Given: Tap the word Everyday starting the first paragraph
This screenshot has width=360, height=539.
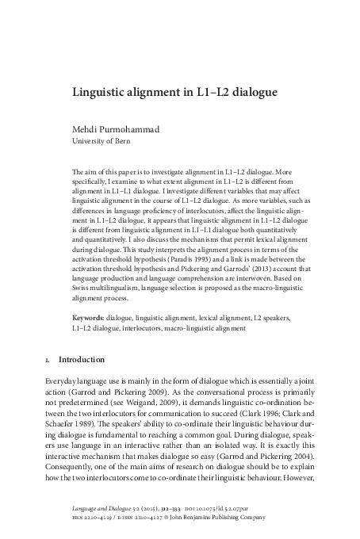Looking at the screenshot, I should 63,380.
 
